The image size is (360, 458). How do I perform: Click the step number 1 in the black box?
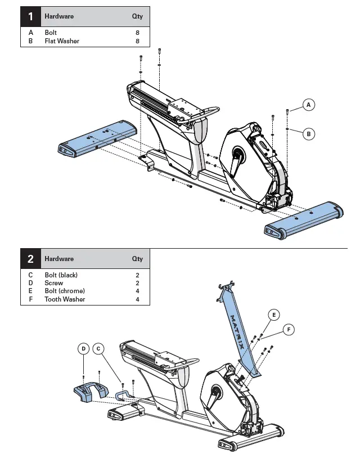coord(30,16)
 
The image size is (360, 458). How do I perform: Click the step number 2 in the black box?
coord(30,259)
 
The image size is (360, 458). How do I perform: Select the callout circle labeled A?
coord(308,105)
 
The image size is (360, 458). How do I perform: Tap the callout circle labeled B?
coord(308,134)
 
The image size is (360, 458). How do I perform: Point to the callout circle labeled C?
coord(98,349)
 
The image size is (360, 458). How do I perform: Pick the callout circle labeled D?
coord(83,349)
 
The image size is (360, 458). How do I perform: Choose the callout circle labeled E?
coord(273,315)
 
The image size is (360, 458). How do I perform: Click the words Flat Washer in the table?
coord(62,41)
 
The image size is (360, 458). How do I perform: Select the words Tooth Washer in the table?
coord(65,299)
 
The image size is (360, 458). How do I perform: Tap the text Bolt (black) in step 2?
coord(61,275)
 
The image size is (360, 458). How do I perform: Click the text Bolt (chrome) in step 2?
coord(65,291)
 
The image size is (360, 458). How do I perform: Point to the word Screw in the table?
coord(54,283)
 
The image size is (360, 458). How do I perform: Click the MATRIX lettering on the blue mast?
coord(237,333)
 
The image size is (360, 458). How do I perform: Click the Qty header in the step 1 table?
coord(137,16)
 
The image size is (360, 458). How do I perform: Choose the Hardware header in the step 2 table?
coord(59,259)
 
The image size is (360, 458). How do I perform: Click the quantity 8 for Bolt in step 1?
coord(137,33)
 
